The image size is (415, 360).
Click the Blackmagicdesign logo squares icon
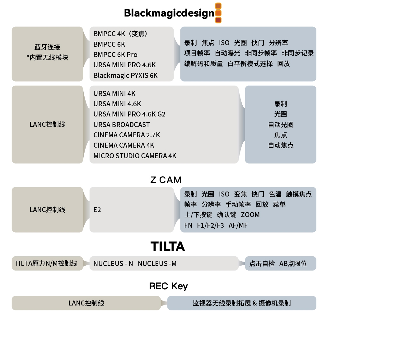point(218,13)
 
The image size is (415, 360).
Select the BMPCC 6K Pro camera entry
point(115,54)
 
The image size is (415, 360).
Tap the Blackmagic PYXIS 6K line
point(125,75)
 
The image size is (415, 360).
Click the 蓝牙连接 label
point(47,47)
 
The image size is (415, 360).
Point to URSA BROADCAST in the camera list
point(122,125)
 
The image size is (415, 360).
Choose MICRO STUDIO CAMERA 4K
point(135,156)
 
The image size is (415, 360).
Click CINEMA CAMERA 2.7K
point(127,135)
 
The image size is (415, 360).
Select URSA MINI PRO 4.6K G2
point(129,114)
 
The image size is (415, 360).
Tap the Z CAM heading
point(166,180)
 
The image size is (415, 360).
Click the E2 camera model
point(97,210)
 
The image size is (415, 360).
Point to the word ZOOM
point(250,215)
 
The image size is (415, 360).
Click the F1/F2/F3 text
point(210,225)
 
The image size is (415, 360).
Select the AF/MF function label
point(238,225)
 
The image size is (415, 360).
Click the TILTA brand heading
point(168,246)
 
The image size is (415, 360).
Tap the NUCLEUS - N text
point(113,263)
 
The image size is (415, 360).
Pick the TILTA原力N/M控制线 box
point(47,263)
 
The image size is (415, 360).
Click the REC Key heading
point(168,286)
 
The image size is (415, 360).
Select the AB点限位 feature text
point(293,263)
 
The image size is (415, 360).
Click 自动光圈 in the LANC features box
point(281,125)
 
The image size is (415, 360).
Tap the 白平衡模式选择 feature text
point(250,64)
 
